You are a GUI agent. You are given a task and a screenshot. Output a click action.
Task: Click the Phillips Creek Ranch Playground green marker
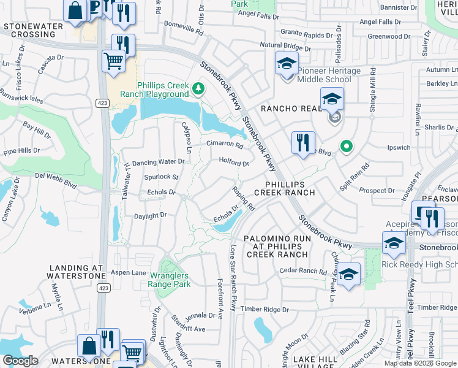click(x=198, y=90)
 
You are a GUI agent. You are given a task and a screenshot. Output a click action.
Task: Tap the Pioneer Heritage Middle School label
click(x=329, y=75)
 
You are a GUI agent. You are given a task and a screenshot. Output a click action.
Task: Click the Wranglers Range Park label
click(x=170, y=280)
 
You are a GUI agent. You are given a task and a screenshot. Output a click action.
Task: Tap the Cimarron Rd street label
click(x=225, y=144)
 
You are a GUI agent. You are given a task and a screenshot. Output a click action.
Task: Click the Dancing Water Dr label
click(x=159, y=162)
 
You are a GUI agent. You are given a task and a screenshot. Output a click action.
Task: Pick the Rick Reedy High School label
click(x=419, y=265)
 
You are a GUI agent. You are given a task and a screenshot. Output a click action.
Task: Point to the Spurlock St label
click(x=161, y=177)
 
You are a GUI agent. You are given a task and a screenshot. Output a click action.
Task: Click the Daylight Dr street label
click(x=151, y=216)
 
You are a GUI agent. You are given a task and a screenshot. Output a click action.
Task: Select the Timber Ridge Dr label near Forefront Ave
click(x=264, y=309)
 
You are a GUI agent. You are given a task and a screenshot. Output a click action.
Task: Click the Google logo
click(x=20, y=361)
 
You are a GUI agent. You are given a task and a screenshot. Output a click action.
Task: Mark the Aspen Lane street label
click(x=129, y=272)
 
